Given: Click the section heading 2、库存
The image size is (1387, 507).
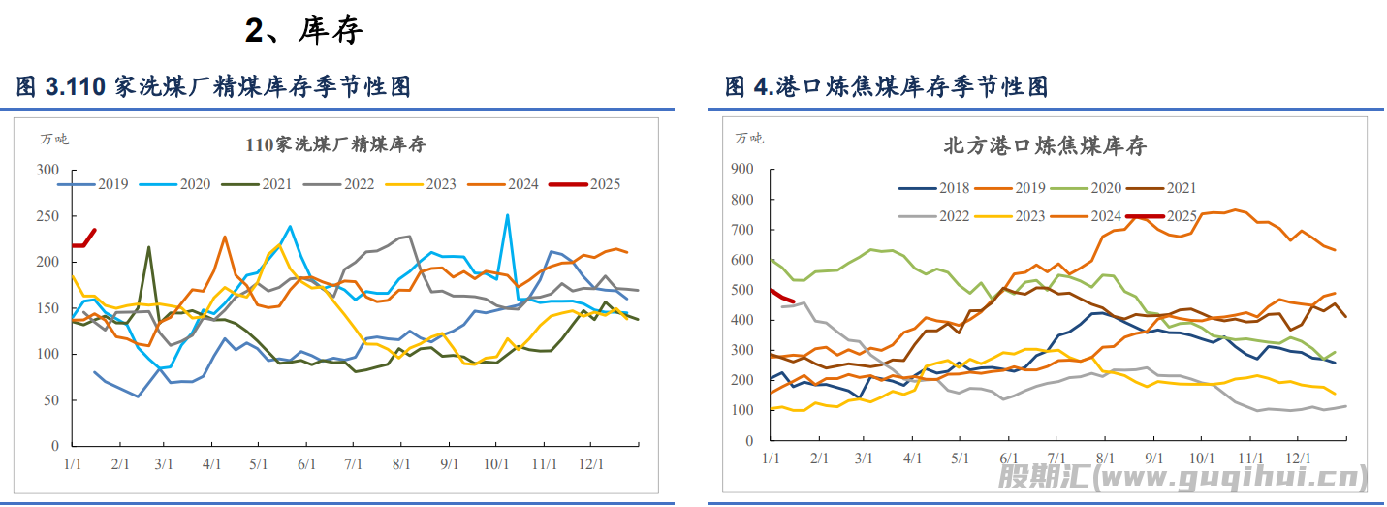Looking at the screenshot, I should (303, 30).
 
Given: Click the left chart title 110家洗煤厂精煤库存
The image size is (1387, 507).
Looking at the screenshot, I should (335, 145).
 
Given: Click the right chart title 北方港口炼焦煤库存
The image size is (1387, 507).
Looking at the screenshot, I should (1045, 146).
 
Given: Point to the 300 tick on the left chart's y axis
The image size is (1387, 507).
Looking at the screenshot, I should (47, 171).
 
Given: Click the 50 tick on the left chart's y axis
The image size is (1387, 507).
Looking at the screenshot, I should (50, 400).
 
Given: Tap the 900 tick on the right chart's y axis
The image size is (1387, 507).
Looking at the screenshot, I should (741, 170).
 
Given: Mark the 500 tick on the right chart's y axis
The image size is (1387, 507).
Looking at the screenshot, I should (741, 290).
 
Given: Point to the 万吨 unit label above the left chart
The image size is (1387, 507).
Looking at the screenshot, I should (54, 139).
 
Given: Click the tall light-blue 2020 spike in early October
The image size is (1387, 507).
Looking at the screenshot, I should (507, 216).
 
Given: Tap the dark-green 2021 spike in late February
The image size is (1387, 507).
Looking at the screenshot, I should (148, 248).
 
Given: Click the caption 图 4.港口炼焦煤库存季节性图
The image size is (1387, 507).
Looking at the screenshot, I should (886, 87).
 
